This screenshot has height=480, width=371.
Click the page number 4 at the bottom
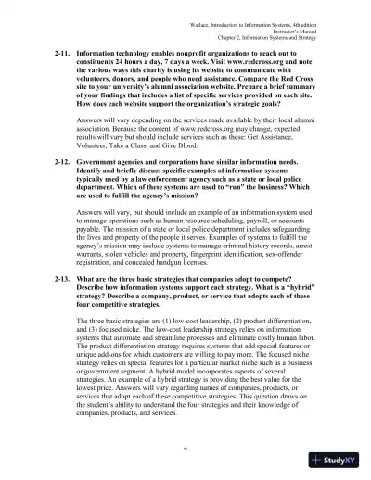pos(185,448)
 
